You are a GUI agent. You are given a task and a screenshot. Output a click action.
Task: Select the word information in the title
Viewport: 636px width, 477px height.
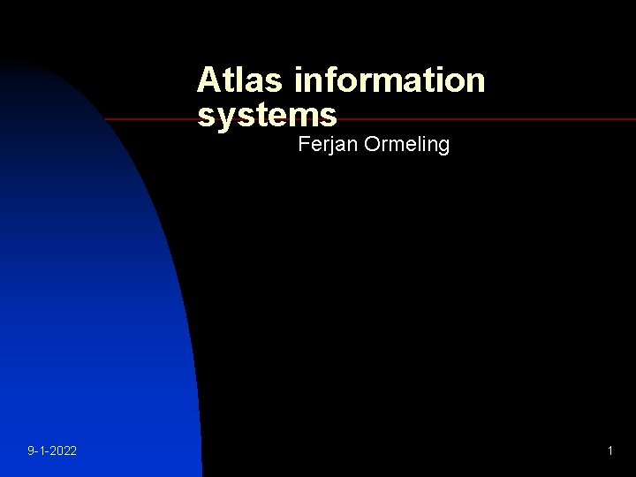pos(390,80)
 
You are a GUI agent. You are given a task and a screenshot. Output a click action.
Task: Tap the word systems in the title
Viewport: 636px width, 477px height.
pos(267,114)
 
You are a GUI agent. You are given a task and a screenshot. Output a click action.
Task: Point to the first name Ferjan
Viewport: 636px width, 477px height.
pos(324,144)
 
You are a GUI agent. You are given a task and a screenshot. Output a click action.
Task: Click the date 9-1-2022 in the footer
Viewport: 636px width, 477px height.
pos(52,451)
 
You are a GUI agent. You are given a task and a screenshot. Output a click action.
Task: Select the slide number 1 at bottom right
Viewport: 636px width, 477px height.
pos(609,451)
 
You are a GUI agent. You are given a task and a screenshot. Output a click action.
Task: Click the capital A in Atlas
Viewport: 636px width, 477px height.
pos(208,80)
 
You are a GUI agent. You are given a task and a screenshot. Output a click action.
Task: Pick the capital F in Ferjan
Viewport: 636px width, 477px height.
pos(304,143)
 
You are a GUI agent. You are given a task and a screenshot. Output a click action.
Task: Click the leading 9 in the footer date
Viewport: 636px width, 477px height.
pos(31,451)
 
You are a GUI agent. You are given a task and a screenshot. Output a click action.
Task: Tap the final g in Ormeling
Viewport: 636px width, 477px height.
pos(443,146)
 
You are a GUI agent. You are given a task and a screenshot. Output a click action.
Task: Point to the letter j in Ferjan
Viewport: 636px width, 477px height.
pos(329,145)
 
